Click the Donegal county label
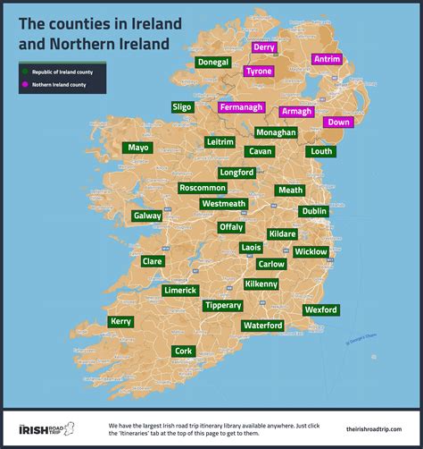[213, 63]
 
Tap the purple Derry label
[263, 47]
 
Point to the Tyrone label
[259, 71]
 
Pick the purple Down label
[338, 122]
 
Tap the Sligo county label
[182, 107]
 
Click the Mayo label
[138, 148]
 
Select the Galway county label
[147, 216]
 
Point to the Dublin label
[313, 211]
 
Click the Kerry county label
[120, 321]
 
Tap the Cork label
[184, 351]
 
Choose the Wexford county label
[321, 309]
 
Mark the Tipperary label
[222, 306]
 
